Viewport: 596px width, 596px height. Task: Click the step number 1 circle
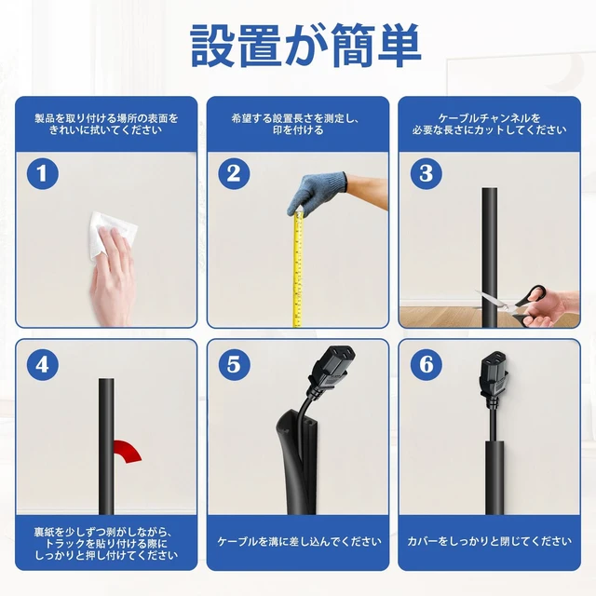43,174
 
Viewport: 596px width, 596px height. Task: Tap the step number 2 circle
234,174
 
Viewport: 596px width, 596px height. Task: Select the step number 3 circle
427,174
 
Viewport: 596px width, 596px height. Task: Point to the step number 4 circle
43,364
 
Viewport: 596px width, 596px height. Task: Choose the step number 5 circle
234,364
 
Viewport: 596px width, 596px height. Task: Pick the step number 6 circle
427,364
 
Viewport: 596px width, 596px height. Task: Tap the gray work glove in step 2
317,193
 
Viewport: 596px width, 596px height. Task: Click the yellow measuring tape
298,269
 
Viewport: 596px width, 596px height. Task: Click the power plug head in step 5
332,367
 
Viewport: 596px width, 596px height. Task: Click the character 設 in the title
212,45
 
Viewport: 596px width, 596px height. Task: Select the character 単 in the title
400,45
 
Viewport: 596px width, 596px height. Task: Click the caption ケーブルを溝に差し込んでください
299,541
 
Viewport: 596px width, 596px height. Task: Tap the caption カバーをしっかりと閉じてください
489,541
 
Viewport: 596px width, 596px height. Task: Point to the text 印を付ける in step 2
298,130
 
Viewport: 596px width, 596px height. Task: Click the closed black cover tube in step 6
495,478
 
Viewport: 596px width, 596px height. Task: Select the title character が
305,46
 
